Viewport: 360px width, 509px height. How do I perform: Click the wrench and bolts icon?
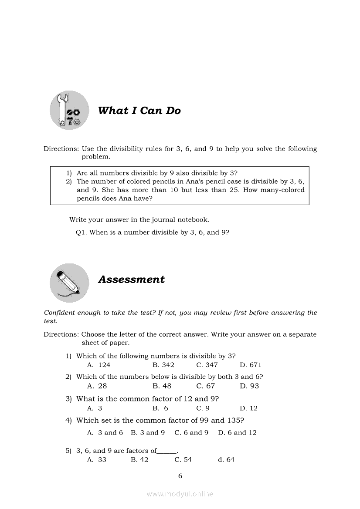pyautogui.click(x=69, y=111)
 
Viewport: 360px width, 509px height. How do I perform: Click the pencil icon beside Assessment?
pyautogui.click(x=69, y=283)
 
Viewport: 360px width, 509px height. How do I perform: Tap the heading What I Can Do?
pyautogui.click(x=139, y=111)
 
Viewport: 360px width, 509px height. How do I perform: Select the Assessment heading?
pyautogui.click(x=131, y=280)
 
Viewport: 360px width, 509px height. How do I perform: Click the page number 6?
pyautogui.click(x=180, y=476)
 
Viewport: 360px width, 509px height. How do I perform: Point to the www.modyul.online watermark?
pyautogui.click(x=180, y=494)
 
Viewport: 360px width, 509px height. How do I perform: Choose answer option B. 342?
pyautogui.click(x=163, y=365)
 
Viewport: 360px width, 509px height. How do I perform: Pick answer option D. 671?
pyautogui.click(x=251, y=365)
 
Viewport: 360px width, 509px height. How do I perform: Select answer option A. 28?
pyautogui.click(x=97, y=386)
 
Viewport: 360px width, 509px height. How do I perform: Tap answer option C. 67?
pyautogui.click(x=206, y=386)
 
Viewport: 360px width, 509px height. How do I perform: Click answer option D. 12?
pyautogui.click(x=249, y=408)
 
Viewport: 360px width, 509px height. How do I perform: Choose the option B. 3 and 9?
pyautogui.click(x=148, y=432)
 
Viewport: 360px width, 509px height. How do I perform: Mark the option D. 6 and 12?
pyautogui.click(x=238, y=432)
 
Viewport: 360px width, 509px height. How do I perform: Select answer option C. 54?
pyautogui.click(x=183, y=459)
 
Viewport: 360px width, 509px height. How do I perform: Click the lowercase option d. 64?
pyautogui.click(x=226, y=459)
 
